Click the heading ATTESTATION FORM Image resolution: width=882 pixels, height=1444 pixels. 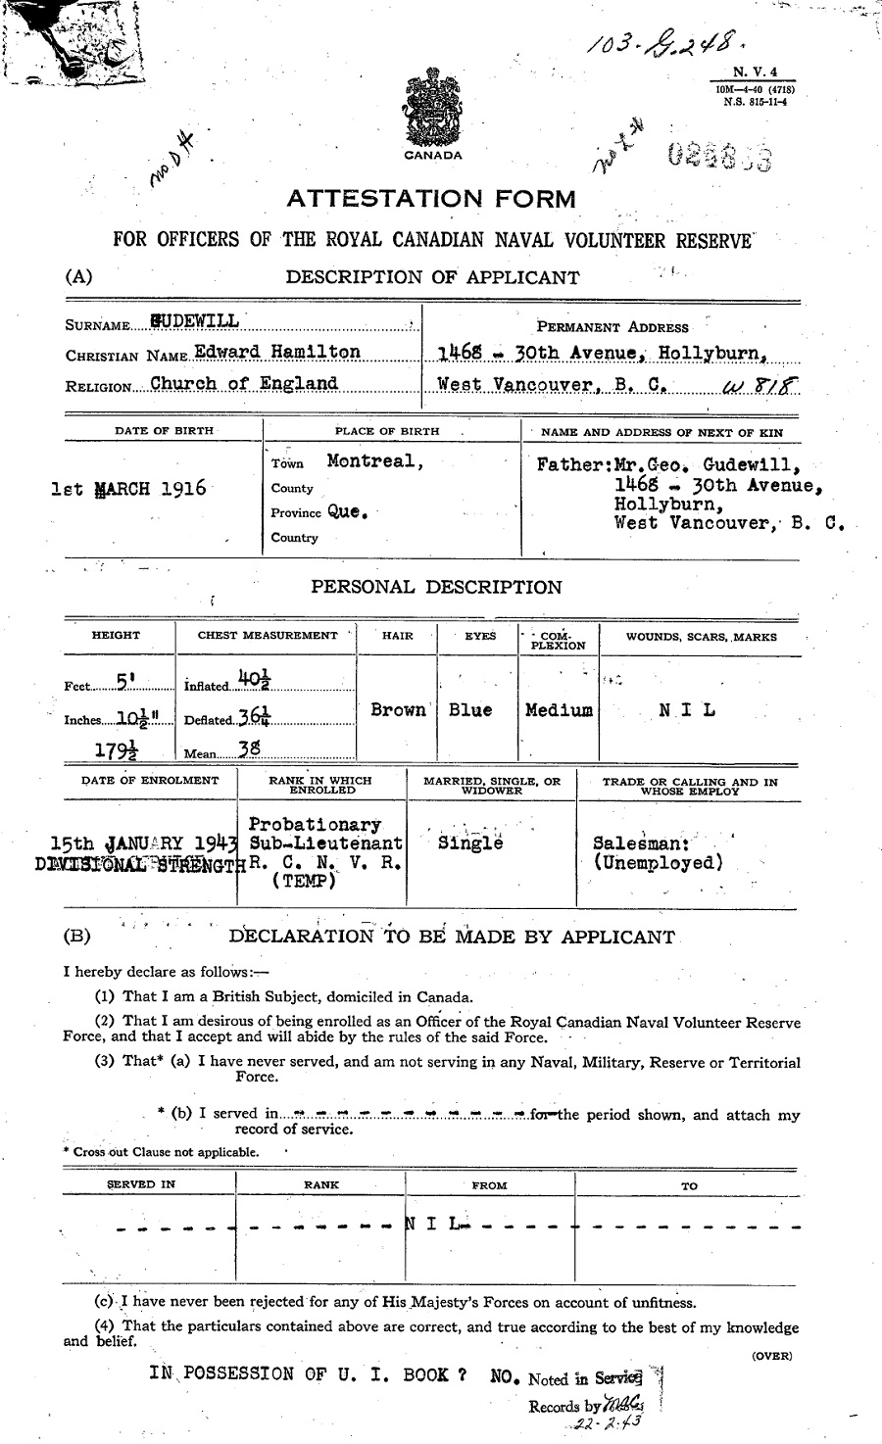(x=431, y=200)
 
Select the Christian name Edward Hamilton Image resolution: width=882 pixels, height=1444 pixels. (x=277, y=352)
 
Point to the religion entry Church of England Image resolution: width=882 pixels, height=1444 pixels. (x=244, y=383)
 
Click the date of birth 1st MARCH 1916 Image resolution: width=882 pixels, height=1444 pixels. (x=128, y=488)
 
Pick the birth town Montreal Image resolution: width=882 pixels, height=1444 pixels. (x=374, y=460)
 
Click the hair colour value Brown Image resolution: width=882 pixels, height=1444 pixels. (x=398, y=710)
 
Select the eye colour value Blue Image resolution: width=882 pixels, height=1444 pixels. (x=470, y=710)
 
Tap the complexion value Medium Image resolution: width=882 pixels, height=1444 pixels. (x=559, y=710)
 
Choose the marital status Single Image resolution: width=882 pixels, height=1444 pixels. (x=470, y=842)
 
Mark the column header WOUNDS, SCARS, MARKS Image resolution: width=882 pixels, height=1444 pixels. (x=701, y=637)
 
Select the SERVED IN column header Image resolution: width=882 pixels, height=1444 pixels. (x=141, y=1184)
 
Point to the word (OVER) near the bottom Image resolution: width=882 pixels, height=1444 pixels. (x=771, y=1356)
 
